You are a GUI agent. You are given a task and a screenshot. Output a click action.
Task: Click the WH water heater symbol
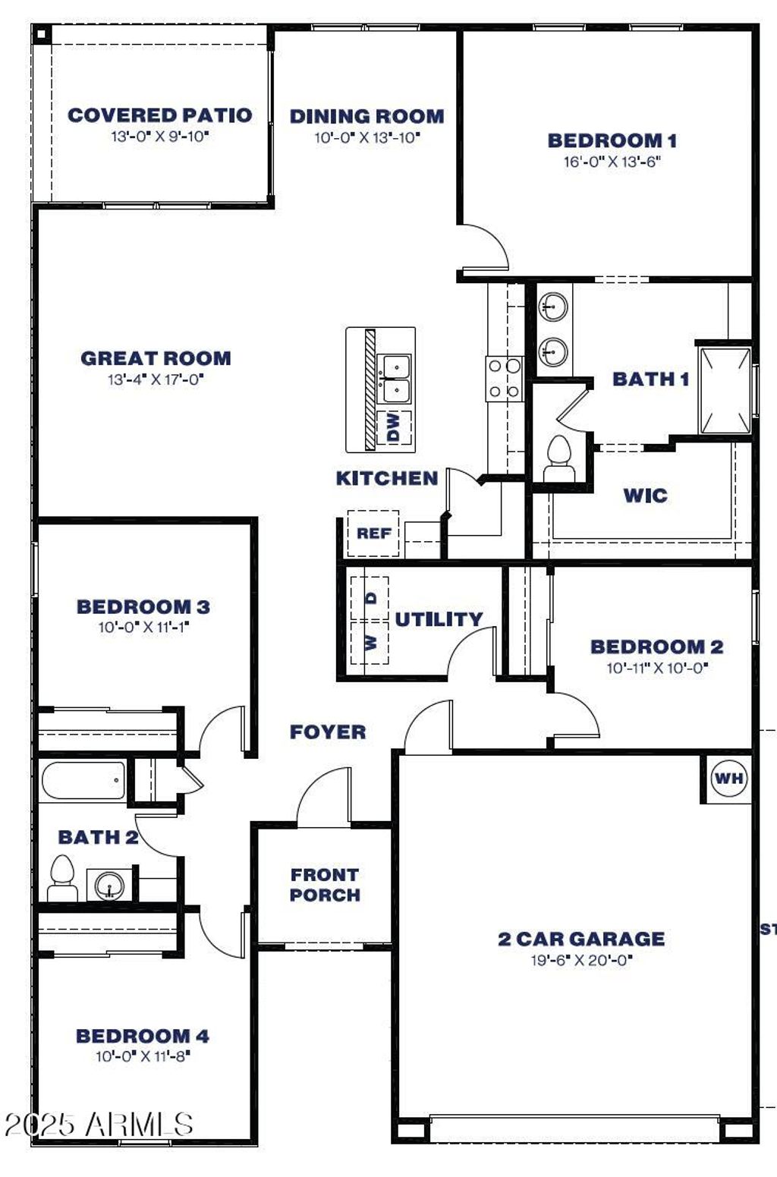coord(728,778)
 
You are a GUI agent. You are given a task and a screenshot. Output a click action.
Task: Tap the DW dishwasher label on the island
coord(394,426)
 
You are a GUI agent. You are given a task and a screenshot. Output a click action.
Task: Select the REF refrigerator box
coord(373,533)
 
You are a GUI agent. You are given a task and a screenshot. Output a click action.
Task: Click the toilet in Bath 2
coord(62,878)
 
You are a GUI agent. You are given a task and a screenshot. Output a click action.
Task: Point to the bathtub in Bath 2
coord(83,780)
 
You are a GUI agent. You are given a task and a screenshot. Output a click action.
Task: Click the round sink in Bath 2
coord(109,886)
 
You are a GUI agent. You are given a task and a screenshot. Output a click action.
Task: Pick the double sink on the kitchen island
coord(394,379)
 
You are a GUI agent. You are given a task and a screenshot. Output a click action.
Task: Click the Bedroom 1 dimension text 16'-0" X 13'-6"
coord(612,162)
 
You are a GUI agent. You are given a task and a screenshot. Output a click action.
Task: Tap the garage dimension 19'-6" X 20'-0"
coord(581,960)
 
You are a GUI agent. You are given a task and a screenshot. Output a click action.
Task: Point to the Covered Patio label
coord(159,115)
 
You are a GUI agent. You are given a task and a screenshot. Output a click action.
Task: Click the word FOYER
coord(328,732)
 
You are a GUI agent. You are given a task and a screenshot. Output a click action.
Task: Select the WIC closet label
coord(645,495)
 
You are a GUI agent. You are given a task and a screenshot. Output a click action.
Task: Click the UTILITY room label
coord(439,619)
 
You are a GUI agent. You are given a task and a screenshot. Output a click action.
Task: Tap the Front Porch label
coord(325,885)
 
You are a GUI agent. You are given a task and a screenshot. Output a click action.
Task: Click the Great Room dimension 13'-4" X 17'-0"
coord(156,379)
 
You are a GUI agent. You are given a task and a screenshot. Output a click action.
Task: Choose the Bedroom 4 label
coord(143,1036)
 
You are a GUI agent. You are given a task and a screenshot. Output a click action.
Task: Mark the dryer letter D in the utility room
coord(371,597)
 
